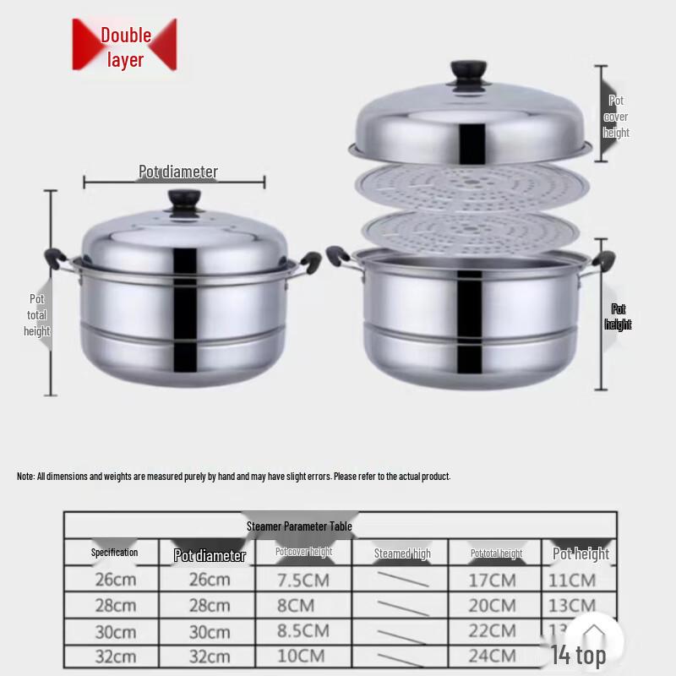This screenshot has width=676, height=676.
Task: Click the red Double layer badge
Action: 125,46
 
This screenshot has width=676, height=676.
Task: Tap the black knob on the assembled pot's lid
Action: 183,201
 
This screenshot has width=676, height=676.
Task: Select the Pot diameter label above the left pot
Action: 178,172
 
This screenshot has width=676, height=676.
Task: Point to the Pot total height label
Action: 37,315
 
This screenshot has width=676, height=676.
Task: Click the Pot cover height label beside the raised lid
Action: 616,117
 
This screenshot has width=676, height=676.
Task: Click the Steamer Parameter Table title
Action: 299,526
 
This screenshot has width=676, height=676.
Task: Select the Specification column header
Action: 114,553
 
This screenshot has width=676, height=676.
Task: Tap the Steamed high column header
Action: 402,553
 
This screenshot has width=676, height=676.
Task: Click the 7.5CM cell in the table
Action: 302,581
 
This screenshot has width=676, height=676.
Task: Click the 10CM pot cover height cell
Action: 302,656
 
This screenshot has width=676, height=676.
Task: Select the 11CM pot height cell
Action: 571,581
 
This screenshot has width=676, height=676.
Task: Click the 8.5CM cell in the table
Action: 303,630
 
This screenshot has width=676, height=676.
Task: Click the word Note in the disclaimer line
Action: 25,477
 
